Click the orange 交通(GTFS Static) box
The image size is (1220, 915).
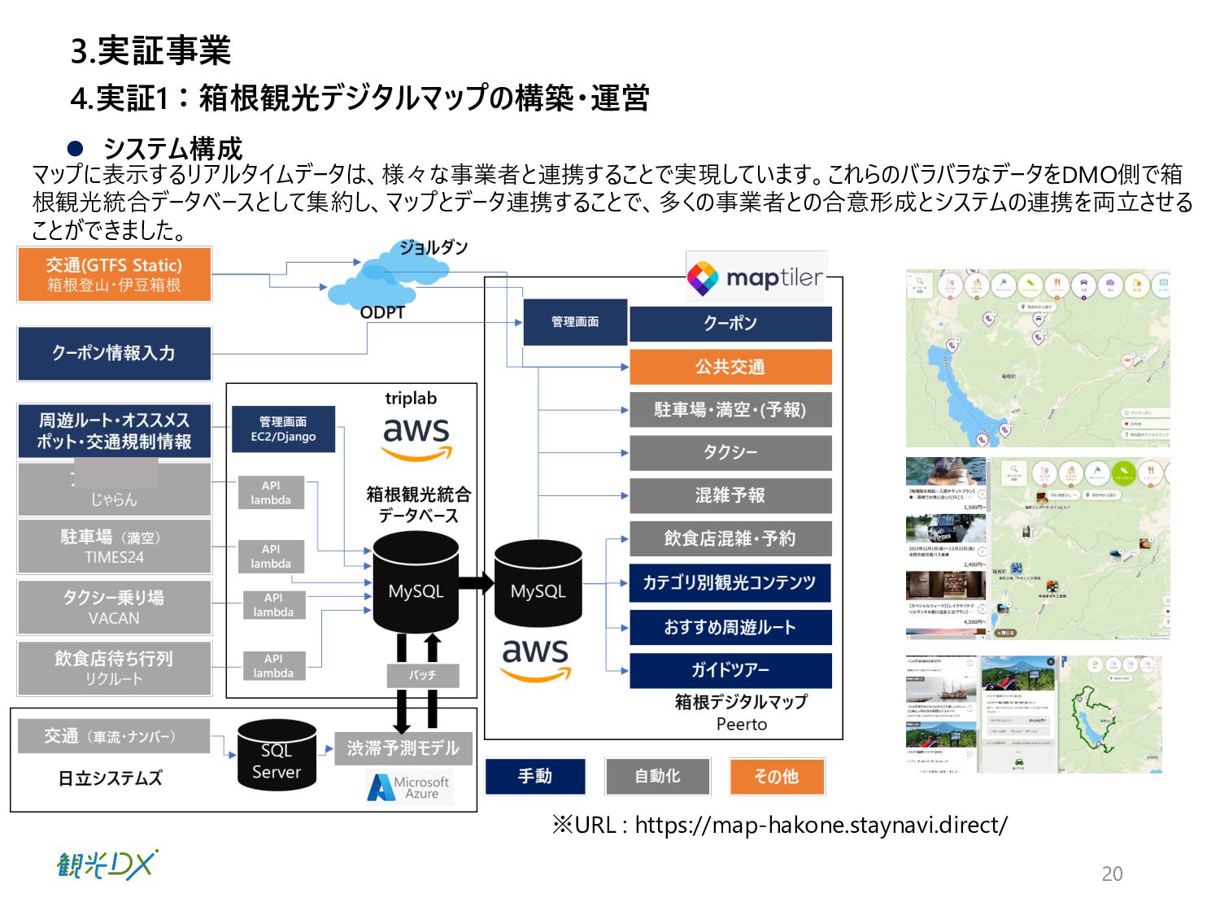coord(114,274)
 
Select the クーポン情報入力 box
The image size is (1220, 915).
coord(114,353)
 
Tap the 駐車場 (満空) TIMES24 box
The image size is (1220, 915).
coord(114,547)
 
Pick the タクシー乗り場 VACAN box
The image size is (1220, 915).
coord(114,607)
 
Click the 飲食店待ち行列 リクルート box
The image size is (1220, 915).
coord(114,668)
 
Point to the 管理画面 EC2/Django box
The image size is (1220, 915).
coord(283,429)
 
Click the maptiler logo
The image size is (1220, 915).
coord(756,278)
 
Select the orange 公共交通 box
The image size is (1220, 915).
coord(730,367)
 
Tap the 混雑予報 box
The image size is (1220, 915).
coord(730,495)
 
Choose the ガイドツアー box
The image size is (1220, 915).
coord(730,670)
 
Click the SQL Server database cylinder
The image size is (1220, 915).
coord(277,756)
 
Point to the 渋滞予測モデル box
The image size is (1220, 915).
coord(403,747)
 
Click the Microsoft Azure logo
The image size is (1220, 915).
coord(409,787)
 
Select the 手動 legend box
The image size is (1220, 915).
coord(535,776)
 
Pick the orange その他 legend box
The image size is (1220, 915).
coord(777,776)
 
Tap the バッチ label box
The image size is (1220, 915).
coord(422,675)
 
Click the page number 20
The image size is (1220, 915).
coord(1112,874)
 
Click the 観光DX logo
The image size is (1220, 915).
coord(107,865)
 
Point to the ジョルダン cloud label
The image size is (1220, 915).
coord(434,247)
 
